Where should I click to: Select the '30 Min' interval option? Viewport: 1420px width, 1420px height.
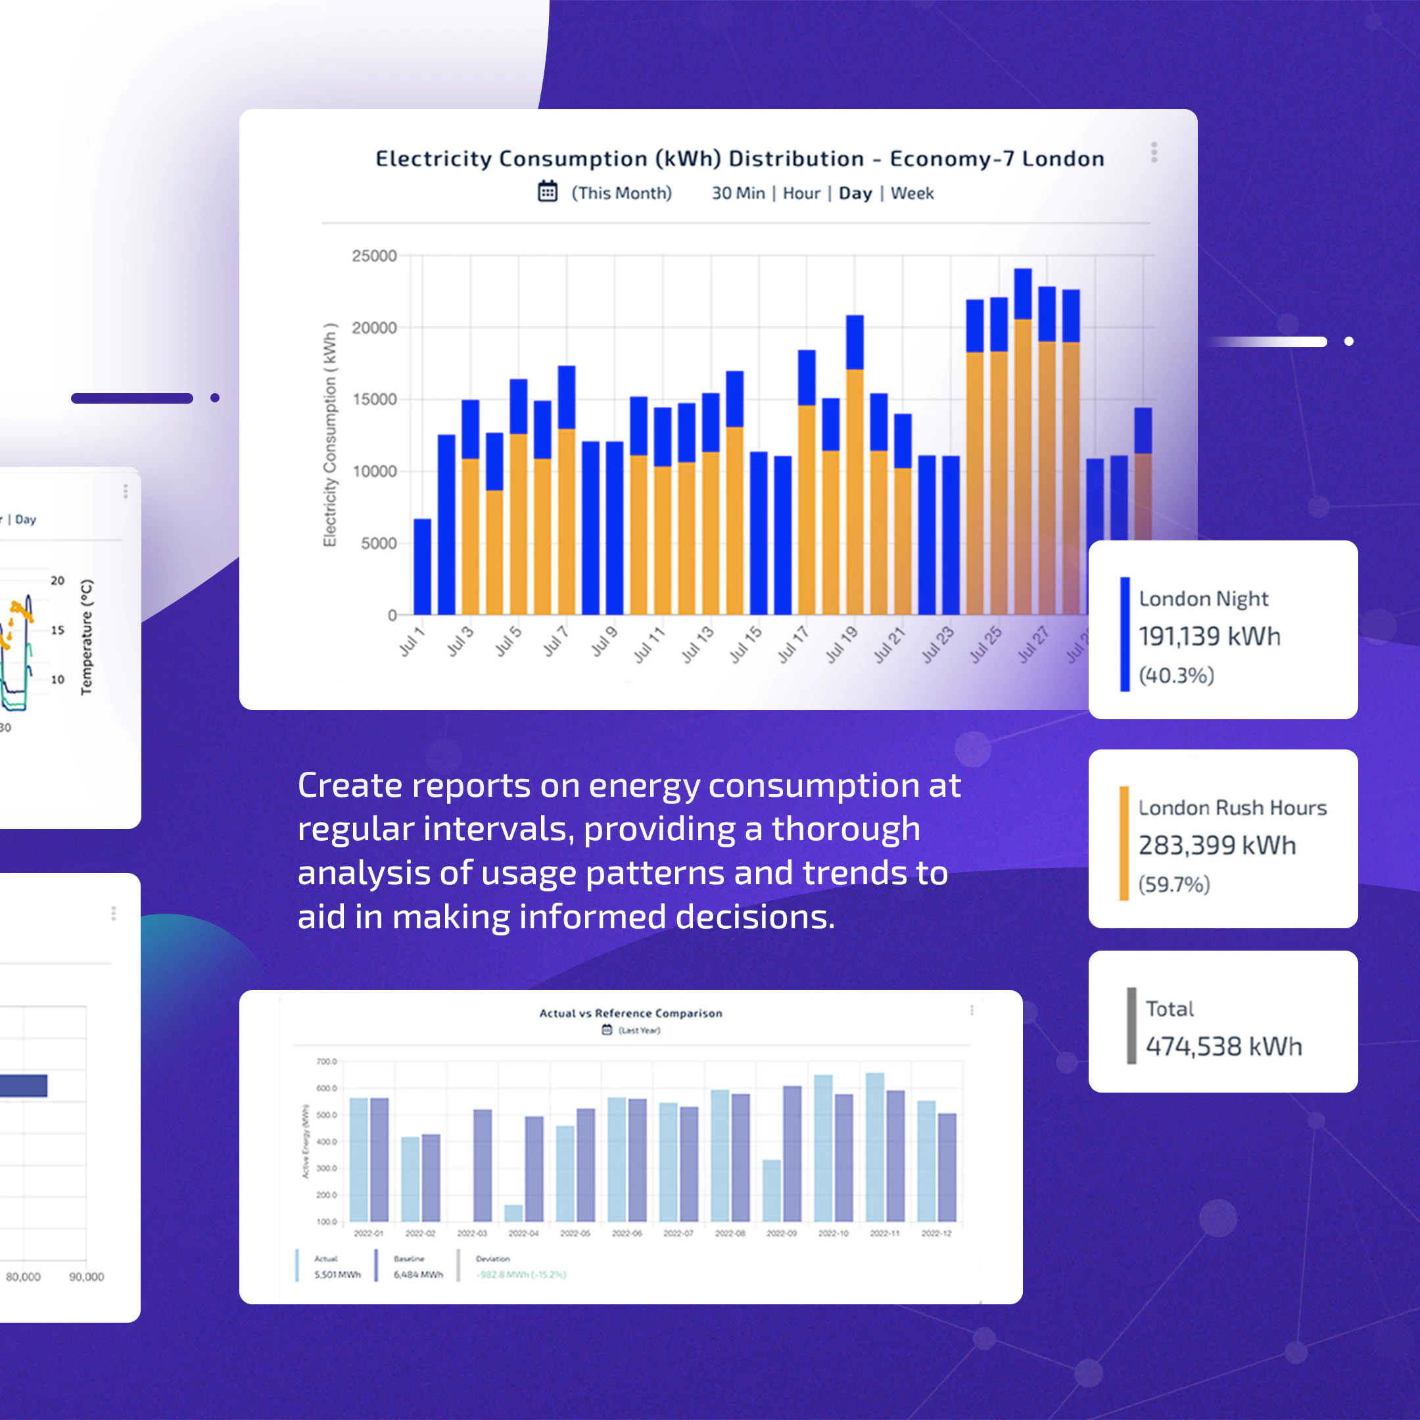tap(737, 193)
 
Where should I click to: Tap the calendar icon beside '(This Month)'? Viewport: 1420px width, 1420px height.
tap(548, 191)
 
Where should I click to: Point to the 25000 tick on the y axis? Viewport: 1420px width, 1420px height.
tap(373, 256)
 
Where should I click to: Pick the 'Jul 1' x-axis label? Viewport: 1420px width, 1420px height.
tap(412, 641)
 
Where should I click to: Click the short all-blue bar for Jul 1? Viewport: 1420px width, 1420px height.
tap(422, 567)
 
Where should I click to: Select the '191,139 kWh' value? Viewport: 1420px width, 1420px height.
tap(1209, 636)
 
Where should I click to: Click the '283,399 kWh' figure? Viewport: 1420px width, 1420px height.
tap(1216, 845)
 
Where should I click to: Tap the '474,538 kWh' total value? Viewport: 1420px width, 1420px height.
tap(1223, 1046)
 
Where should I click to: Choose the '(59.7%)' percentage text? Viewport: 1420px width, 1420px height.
tap(1173, 884)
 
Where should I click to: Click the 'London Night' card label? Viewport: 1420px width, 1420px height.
tap(1203, 599)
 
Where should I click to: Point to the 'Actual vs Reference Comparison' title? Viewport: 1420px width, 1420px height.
tap(630, 1013)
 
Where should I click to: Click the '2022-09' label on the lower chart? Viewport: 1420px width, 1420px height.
tap(781, 1233)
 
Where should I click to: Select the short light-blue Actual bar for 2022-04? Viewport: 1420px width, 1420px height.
tap(513, 1213)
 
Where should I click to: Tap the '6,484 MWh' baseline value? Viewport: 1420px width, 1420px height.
tap(418, 1275)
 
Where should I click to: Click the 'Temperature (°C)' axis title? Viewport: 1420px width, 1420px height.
tap(87, 636)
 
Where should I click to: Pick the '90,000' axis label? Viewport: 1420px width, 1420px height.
tap(86, 1277)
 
